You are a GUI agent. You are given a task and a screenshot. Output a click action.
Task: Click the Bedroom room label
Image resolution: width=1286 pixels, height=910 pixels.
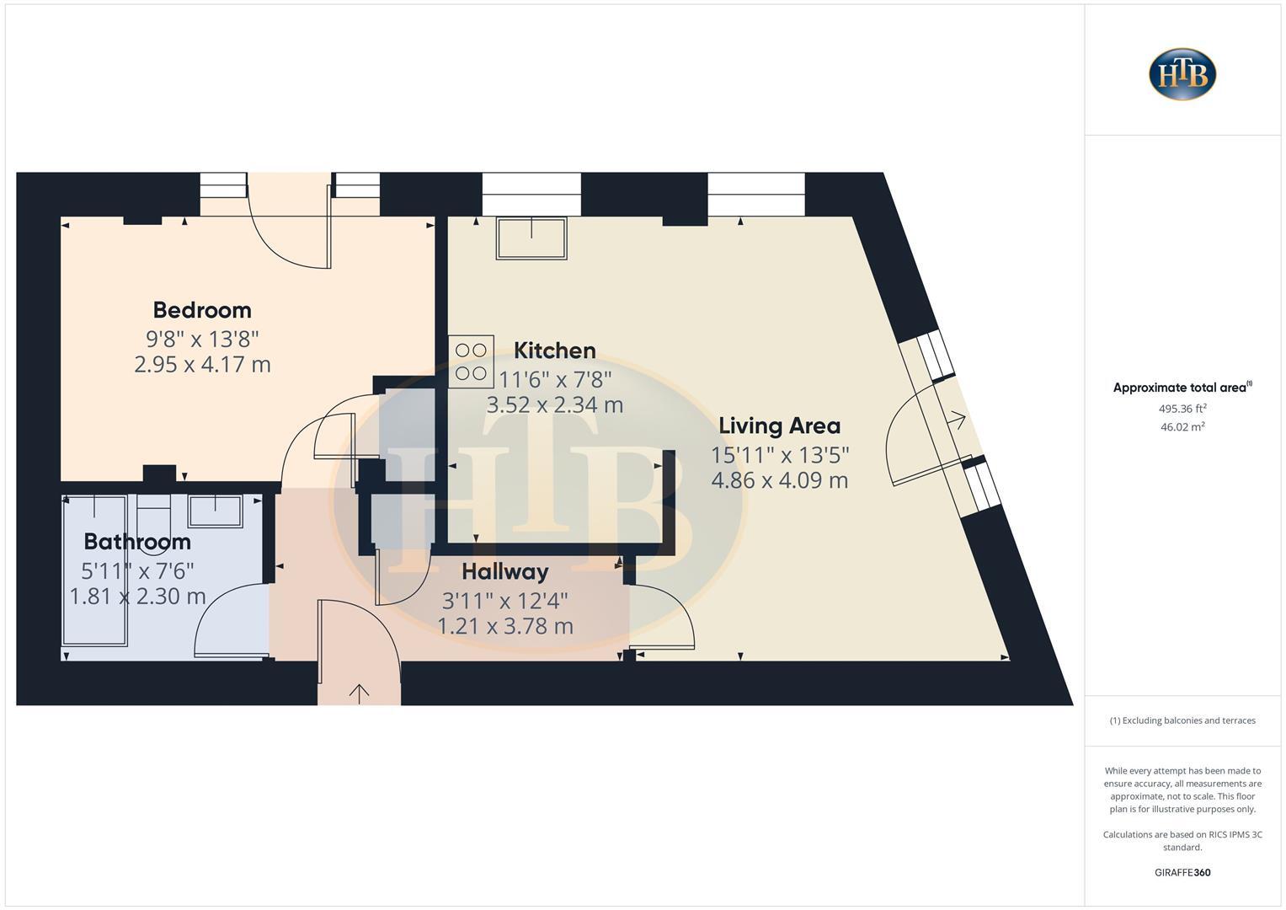(x=202, y=310)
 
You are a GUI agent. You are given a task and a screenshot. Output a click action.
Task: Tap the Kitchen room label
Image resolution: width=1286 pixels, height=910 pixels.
(x=554, y=351)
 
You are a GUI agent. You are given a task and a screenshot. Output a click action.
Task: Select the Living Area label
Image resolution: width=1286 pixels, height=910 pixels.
(x=779, y=426)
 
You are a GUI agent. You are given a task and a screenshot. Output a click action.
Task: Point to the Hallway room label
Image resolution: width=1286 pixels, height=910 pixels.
(x=504, y=572)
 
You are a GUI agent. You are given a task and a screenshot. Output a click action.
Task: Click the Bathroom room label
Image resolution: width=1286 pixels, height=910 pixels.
(x=137, y=542)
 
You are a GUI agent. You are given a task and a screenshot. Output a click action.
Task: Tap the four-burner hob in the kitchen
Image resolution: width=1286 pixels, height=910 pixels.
(x=471, y=361)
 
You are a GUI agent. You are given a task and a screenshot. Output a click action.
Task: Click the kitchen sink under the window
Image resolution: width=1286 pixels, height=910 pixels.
(x=531, y=238)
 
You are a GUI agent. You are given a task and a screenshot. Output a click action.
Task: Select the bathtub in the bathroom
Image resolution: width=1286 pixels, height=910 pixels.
(x=94, y=570)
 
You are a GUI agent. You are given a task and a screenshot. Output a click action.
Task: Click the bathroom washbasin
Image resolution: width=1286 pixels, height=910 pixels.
(x=215, y=511)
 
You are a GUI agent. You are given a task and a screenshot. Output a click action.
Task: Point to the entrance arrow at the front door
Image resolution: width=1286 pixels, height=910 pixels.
(x=359, y=693)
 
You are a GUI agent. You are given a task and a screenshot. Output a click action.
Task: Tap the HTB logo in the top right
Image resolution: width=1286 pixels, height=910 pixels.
(x=1182, y=74)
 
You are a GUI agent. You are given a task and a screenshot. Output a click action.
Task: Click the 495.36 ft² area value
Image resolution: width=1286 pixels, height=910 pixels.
(x=1182, y=409)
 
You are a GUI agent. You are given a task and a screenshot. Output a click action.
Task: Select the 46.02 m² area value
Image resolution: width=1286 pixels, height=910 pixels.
(x=1182, y=427)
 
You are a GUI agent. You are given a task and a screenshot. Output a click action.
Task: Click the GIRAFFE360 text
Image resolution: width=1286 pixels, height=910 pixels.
(x=1182, y=873)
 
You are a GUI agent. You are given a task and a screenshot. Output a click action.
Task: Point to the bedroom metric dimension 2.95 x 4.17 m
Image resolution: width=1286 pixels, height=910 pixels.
(x=202, y=365)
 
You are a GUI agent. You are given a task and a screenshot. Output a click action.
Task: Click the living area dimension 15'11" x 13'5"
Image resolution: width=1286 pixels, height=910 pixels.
(x=780, y=455)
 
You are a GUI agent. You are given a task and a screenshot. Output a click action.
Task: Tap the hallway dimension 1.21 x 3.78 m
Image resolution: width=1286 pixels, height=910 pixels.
(x=504, y=627)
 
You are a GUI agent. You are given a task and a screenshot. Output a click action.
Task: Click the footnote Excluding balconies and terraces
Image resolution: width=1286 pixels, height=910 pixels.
(x=1182, y=720)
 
